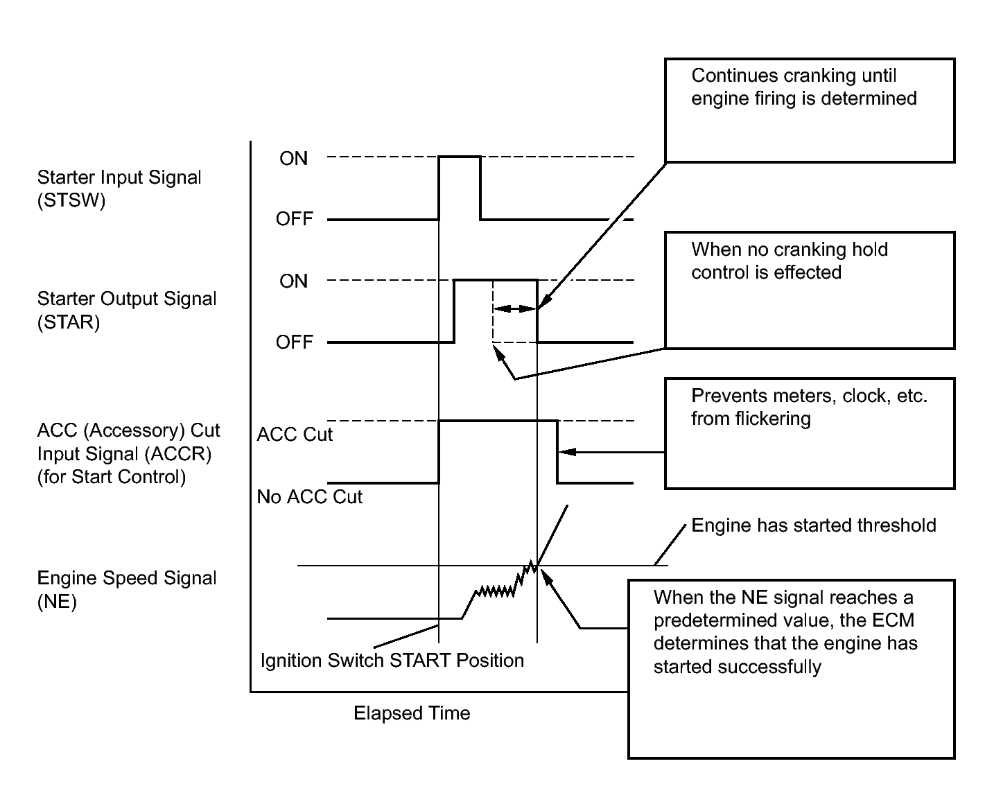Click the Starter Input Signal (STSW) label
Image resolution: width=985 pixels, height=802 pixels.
click(119, 189)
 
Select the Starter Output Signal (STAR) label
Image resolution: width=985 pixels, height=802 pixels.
click(126, 311)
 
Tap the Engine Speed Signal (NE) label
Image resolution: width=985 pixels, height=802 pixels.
click(126, 589)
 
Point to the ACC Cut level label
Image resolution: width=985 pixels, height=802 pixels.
click(295, 435)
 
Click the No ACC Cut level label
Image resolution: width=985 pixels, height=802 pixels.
click(309, 496)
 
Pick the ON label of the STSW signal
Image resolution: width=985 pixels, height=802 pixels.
click(293, 159)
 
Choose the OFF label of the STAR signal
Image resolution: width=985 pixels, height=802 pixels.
click(295, 342)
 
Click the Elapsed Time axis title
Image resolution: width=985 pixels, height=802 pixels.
click(412, 713)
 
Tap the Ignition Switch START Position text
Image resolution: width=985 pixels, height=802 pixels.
click(392, 660)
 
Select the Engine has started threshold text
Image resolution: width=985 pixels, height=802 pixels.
click(814, 525)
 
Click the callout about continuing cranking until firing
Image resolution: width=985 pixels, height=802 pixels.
click(809, 110)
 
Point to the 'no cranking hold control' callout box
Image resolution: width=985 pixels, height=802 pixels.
click(809, 290)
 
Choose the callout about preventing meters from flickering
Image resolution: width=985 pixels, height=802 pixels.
click(809, 433)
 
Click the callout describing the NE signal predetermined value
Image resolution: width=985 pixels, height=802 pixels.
click(791, 668)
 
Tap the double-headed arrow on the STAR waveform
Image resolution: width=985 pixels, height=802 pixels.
click(514, 308)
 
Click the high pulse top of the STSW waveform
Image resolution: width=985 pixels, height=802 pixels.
click(460, 157)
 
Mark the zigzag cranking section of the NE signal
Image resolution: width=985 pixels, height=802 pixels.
click(496, 591)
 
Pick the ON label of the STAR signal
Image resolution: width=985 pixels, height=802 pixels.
click(293, 281)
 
